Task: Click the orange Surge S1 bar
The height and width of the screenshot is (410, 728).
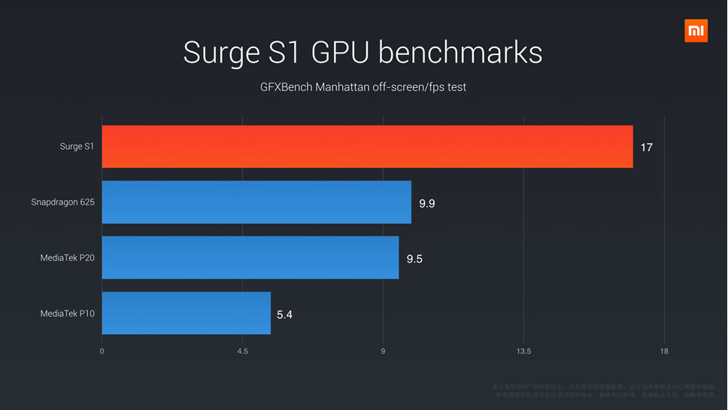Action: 367,147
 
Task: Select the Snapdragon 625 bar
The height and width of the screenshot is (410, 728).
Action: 256,202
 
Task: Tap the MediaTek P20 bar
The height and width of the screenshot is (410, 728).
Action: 250,258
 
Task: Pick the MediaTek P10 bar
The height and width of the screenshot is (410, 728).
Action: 186,313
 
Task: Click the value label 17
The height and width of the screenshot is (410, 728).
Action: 646,147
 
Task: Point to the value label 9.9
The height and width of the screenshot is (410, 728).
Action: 426,203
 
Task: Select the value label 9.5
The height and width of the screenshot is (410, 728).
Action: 414,259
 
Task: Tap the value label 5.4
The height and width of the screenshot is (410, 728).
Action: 284,314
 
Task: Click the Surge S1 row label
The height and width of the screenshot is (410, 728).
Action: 77,147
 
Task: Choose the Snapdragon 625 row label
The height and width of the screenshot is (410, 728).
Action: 63,202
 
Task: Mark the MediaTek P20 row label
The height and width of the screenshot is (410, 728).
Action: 68,258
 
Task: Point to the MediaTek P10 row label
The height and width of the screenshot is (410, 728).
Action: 68,314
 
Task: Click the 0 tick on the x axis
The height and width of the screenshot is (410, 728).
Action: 102,351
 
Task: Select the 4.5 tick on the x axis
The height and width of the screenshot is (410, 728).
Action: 242,351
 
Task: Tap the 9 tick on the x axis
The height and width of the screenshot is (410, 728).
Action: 383,351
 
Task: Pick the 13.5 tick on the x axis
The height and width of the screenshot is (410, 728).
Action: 523,351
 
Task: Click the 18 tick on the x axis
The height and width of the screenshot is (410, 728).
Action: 664,351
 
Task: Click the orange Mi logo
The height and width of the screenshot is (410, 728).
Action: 696,31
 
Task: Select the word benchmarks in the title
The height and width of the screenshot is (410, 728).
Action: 460,53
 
